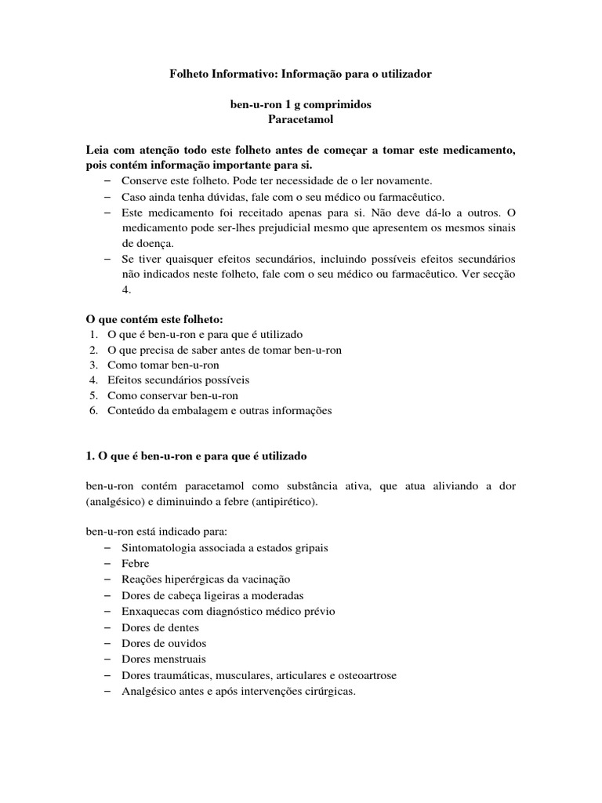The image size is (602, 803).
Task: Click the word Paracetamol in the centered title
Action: (301, 120)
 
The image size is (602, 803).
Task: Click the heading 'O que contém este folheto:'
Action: (154, 319)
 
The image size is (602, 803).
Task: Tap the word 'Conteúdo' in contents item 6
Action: (131, 410)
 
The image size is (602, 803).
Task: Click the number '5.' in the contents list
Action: (93, 395)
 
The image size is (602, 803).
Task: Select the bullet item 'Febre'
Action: (136, 563)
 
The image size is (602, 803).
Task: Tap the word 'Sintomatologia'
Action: (160, 547)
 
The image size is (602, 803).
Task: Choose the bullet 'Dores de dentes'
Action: (161, 627)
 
